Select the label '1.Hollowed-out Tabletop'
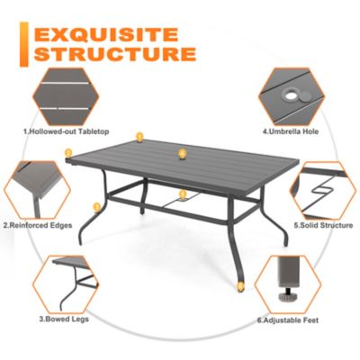pyautogui.click(x=66, y=132)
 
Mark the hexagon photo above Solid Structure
pyautogui.click(x=324, y=187)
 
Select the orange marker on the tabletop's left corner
pyautogui.click(x=67, y=153)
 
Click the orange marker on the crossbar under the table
pyautogui.click(x=182, y=193)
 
